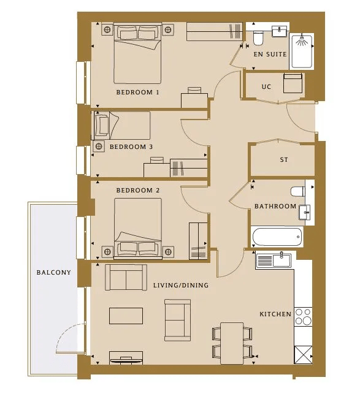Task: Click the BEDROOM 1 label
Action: coord(138,92)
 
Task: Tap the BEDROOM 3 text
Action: coord(131,147)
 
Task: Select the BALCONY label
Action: coord(54,272)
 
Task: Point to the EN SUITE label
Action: coord(270,54)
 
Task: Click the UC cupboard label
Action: coord(266,87)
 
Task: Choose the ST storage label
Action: coord(284,160)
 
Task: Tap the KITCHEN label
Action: coord(275,314)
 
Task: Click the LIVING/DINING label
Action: coord(181,285)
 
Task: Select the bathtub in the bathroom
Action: coord(277,237)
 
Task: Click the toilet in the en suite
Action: coord(258,38)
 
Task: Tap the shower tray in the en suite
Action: coord(302,51)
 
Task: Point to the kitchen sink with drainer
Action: coord(274,260)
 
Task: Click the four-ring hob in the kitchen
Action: coord(303,317)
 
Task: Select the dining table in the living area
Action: coord(232,343)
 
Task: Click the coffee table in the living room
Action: coord(126,316)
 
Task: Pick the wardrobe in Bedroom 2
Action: coord(198,241)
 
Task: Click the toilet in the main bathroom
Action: coord(298,191)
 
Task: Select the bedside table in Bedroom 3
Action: coord(99,146)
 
